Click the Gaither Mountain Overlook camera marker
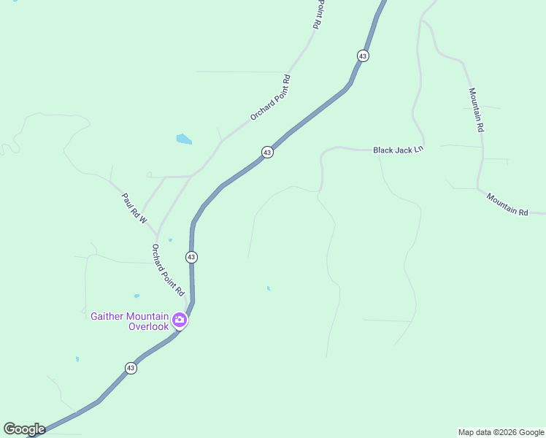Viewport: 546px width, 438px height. click(x=180, y=320)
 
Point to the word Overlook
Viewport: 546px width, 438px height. click(x=149, y=326)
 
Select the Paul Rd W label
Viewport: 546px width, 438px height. click(x=134, y=209)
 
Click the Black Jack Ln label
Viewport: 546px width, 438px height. click(x=398, y=150)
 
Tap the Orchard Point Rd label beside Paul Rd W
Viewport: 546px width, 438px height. click(x=168, y=269)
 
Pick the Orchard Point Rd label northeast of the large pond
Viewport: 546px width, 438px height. click(x=271, y=98)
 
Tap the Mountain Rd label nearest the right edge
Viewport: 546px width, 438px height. click(x=507, y=205)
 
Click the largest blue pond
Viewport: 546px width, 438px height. click(x=184, y=139)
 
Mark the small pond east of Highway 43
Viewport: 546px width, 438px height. click(x=269, y=288)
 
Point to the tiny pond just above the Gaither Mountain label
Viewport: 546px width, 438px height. click(x=136, y=296)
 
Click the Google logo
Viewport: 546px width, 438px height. click(x=24, y=429)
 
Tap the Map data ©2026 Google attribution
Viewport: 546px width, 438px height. click(x=501, y=432)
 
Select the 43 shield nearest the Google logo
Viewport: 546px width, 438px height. click(x=131, y=368)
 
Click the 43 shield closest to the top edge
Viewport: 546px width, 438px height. click(x=363, y=55)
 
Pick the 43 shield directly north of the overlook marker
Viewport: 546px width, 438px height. click(x=191, y=257)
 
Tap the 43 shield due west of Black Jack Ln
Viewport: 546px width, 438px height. click(x=267, y=152)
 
